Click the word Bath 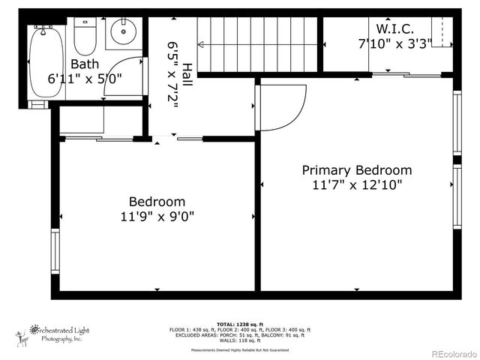point(85,64)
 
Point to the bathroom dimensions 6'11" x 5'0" point(85,78)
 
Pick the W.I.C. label point(394,28)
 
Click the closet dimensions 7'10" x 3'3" point(394,43)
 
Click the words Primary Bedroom point(356,170)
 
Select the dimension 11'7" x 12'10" point(356,185)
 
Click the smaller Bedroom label point(157,202)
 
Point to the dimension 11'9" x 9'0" point(157,217)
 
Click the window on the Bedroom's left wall point(55,251)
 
